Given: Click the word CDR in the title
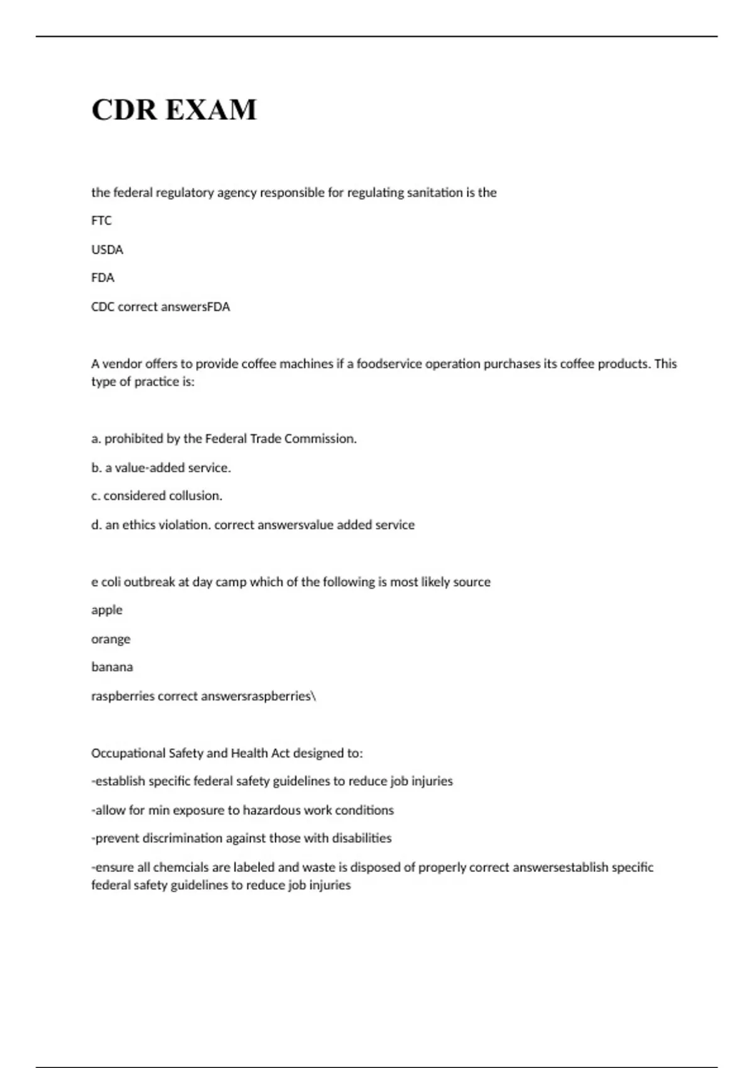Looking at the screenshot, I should coord(123,110).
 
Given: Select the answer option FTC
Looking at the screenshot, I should coord(101,221).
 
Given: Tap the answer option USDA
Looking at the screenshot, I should coord(107,249).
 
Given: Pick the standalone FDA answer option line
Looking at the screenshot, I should coord(102,278).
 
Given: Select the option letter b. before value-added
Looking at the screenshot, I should coord(96,467).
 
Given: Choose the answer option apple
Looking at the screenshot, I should coord(107,610).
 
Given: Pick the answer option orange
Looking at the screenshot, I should coord(111,639).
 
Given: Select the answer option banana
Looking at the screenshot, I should coord(112,667).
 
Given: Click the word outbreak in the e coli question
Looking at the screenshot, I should coord(150,582).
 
